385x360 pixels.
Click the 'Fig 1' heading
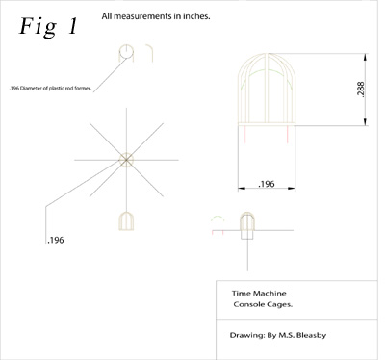tap(49, 27)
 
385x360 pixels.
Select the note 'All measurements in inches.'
tap(156, 16)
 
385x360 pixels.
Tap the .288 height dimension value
tap(360, 90)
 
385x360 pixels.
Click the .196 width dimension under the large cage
tap(267, 184)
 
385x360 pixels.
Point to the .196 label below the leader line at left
tap(56, 240)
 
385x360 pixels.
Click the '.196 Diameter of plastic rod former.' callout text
tap(50, 89)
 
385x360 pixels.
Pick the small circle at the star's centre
tap(126, 160)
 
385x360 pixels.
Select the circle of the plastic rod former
tap(126, 52)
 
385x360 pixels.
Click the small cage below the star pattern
tap(126, 220)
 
